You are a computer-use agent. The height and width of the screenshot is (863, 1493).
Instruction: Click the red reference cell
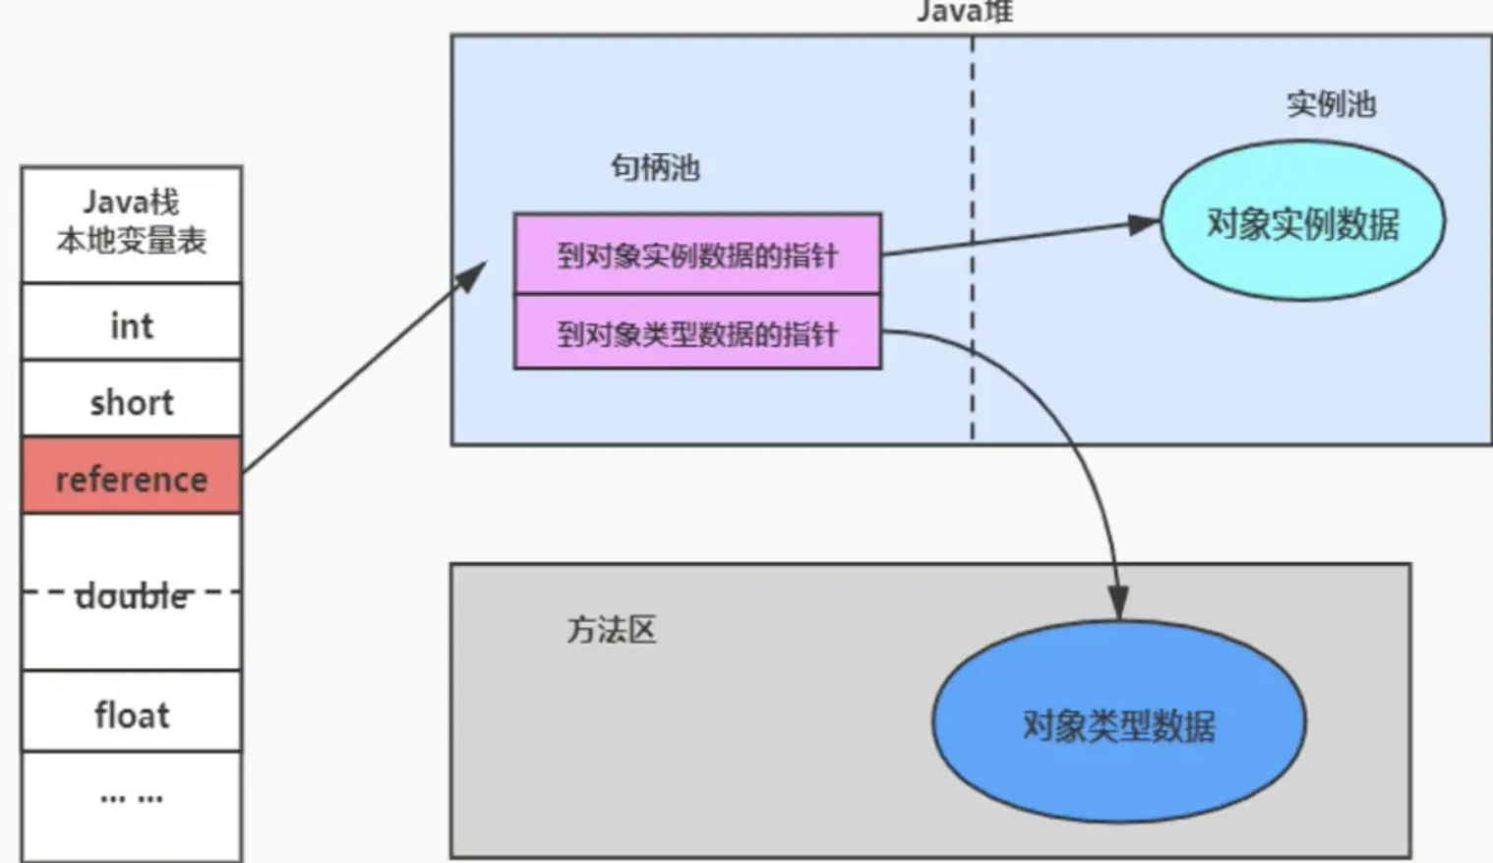(x=131, y=478)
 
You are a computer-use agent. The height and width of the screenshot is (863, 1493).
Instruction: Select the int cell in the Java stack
(x=131, y=324)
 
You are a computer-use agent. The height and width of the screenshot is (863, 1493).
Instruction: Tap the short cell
(x=131, y=401)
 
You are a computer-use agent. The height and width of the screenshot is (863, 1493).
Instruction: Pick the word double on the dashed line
(x=132, y=596)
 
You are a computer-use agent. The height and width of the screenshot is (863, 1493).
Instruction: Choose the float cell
(x=131, y=715)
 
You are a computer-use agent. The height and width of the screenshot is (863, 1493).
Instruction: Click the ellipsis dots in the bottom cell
(x=131, y=797)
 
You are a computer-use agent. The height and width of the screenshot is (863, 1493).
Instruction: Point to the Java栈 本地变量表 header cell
(x=131, y=222)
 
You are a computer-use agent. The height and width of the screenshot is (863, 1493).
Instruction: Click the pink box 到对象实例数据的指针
(x=696, y=255)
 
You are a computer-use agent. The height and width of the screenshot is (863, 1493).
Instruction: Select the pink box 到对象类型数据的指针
(x=696, y=333)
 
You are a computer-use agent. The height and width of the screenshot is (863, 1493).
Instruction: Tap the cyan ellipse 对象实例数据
(x=1302, y=222)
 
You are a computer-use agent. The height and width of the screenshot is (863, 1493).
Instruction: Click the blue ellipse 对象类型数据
(x=1118, y=724)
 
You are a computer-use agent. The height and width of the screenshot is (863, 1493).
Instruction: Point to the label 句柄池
(x=655, y=167)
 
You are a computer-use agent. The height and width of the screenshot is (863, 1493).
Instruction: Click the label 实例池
(x=1331, y=104)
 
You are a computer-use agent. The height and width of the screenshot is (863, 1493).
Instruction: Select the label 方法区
(x=611, y=629)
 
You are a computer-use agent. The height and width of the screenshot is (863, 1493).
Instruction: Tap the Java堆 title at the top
(x=964, y=12)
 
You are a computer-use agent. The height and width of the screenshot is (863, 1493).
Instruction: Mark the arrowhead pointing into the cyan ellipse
(x=1144, y=225)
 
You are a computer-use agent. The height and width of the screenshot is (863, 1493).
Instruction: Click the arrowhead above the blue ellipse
(x=1118, y=602)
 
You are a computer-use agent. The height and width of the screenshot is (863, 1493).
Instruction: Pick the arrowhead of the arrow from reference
(x=473, y=276)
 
